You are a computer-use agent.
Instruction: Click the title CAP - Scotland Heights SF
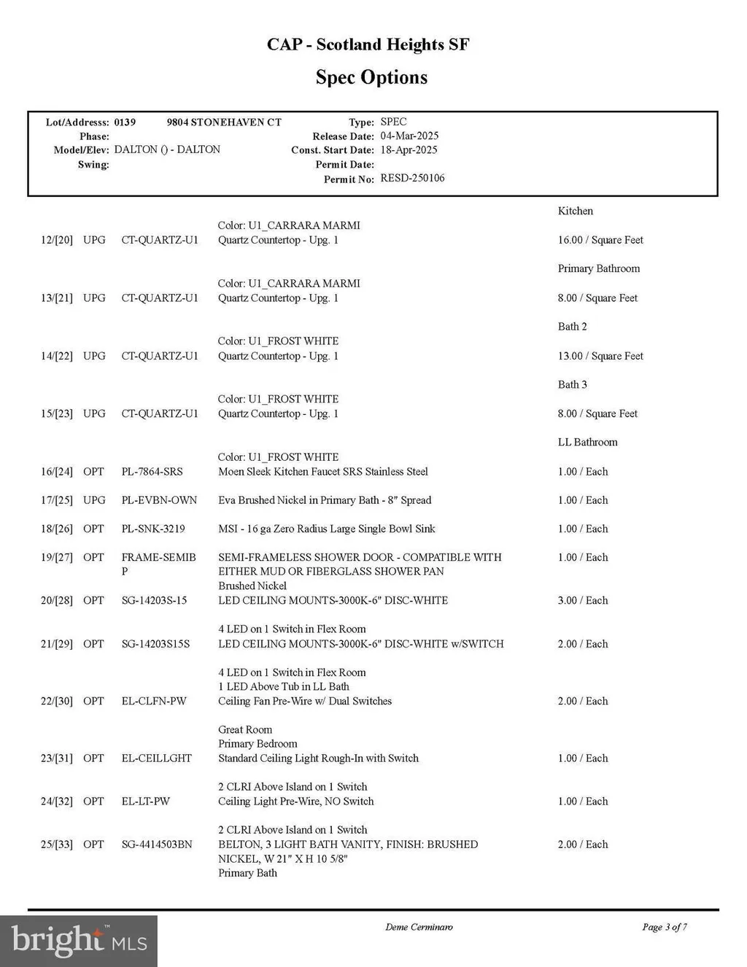[x=368, y=44]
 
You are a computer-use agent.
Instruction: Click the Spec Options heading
[x=371, y=77]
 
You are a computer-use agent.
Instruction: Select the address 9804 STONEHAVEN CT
[x=223, y=123]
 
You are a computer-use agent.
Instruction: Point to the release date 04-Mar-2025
[x=409, y=136]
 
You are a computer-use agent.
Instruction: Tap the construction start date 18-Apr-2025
[x=409, y=150]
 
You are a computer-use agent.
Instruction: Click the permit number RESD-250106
[x=412, y=179]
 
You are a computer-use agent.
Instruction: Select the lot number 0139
[x=125, y=123]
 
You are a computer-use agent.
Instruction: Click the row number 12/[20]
[x=57, y=240]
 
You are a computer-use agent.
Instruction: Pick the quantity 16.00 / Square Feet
[x=600, y=240]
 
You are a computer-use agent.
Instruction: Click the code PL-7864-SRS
[x=152, y=472]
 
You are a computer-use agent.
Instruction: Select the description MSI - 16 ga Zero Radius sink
[x=326, y=529]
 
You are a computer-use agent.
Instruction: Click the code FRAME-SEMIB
[x=158, y=558]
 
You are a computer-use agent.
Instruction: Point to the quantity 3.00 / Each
[x=582, y=601]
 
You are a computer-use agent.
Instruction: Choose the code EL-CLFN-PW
[x=154, y=702]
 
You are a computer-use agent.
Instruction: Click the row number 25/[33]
[x=57, y=844]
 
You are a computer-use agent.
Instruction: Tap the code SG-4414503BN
[x=157, y=844]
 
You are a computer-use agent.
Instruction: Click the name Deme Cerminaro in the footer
[x=419, y=927]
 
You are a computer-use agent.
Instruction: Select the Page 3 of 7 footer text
[x=664, y=927]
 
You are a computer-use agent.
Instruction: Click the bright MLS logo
[x=79, y=941]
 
